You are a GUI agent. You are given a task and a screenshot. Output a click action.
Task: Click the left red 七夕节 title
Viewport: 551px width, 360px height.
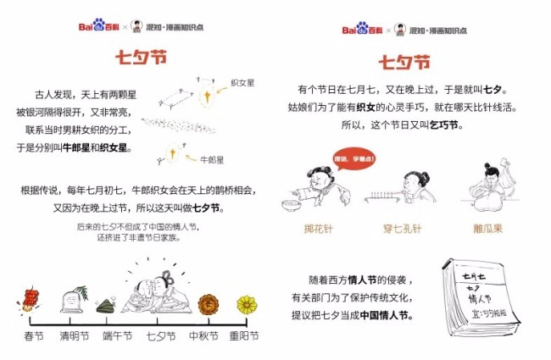pyautogui.click(x=142, y=57)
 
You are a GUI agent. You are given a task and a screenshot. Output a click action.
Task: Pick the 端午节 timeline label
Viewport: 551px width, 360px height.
pyautogui.click(x=115, y=336)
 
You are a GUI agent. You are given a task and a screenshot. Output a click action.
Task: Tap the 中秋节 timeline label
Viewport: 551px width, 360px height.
pyautogui.click(x=204, y=336)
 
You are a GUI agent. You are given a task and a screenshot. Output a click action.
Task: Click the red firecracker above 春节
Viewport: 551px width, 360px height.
pyautogui.click(x=32, y=297)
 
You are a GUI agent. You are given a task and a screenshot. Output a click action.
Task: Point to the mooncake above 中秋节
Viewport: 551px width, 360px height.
pyautogui.click(x=209, y=304)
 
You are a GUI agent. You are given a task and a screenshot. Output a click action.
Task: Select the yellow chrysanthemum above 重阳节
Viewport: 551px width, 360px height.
pyautogui.click(x=247, y=303)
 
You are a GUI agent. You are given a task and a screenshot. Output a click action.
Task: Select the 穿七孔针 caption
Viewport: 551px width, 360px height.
pyautogui.click(x=397, y=229)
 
